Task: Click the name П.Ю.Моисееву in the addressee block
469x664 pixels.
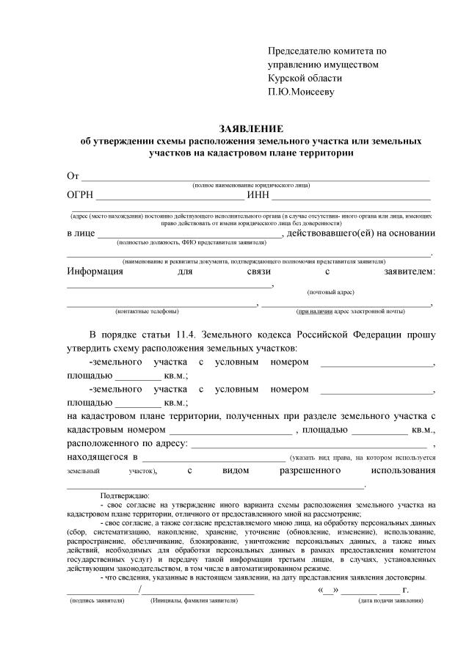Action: (301, 92)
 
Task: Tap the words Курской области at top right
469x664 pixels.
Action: (305, 78)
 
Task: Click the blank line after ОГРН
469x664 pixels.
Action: (170, 198)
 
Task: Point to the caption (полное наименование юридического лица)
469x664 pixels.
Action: (251, 186)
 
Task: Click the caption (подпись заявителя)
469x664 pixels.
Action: (97, 600)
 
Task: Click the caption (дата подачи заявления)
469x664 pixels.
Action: (390, 600)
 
